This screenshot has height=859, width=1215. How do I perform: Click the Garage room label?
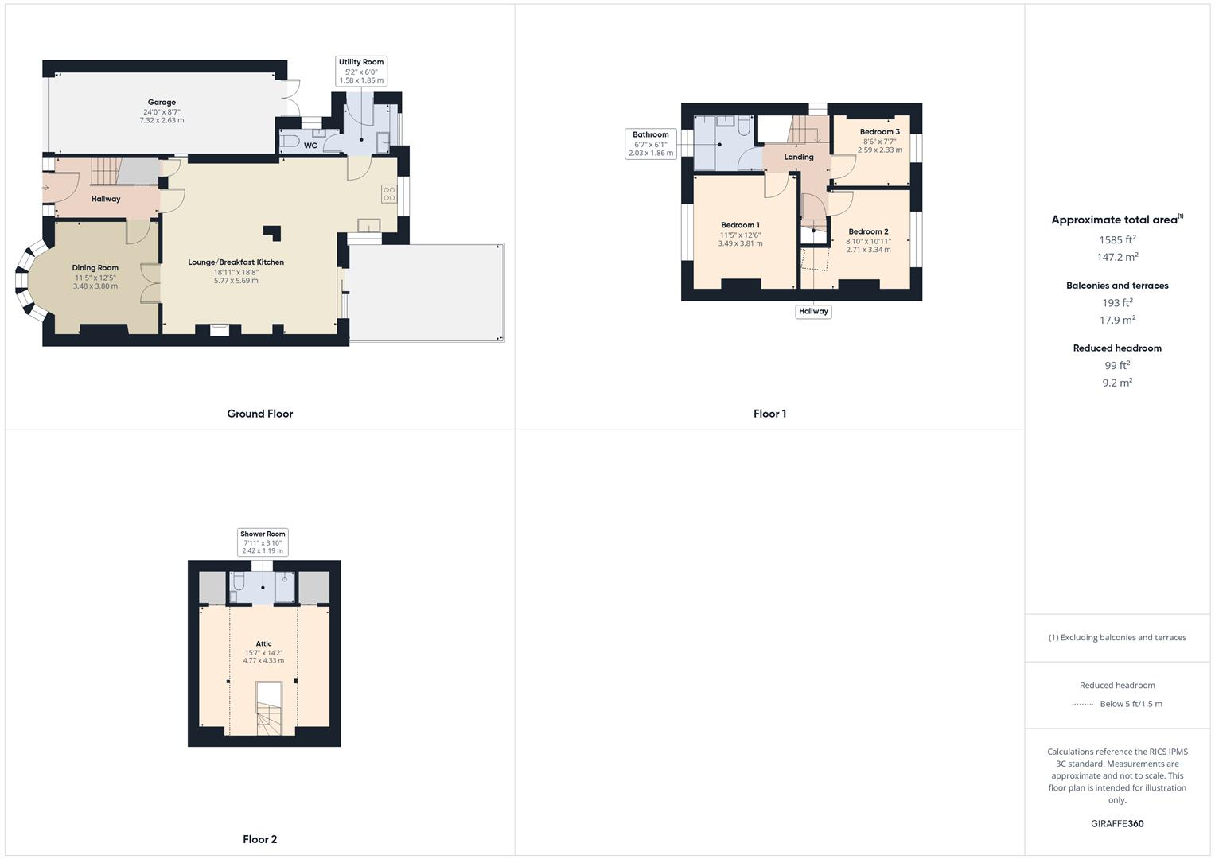(162, 103)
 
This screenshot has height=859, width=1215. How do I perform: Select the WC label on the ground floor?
(310, 146)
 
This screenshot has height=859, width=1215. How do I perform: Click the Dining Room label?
(95, 268)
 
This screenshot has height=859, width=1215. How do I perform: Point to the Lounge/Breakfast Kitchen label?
(236, 262)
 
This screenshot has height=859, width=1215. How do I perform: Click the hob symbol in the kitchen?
(389, 194)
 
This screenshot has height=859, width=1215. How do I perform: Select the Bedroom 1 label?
(740, 225)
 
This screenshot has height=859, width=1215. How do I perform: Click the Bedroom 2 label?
(868, 231)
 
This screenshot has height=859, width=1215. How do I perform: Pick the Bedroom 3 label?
(879, 132)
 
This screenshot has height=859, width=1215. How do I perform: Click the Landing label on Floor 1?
(799, 157)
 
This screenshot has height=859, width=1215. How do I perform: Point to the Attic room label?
(263, 644)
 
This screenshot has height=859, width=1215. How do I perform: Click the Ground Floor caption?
(259, 414)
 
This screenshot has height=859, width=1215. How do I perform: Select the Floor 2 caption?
(259, 839)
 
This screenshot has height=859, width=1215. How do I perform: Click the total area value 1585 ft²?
(1117, 239)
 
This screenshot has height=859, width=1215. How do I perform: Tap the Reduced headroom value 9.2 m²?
(1117, 383)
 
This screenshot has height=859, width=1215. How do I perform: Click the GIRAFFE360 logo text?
(1117, 824)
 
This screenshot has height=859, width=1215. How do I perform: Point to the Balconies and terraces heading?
(1117, 286)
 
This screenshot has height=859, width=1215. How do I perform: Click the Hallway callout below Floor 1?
(813, 312)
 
